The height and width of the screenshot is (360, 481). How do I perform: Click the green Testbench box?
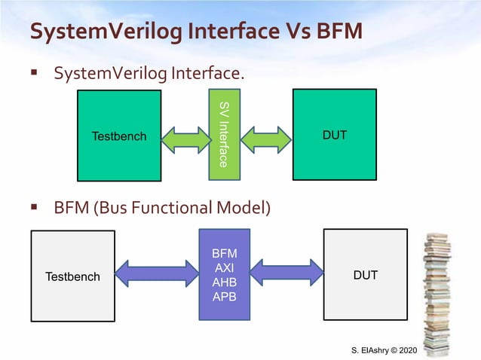(x=119, y=136)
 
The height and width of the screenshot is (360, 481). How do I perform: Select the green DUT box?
(x=334, y=135)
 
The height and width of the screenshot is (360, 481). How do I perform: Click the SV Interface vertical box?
(x=224, y=134)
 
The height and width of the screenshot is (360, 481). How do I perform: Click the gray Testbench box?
(x=72, y=276)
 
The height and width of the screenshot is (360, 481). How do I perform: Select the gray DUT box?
(x=365, y=275)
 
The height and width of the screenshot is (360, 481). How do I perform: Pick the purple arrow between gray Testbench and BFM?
(x=156, y=273)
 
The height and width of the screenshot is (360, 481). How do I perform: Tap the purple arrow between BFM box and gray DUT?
(x=286, y=272)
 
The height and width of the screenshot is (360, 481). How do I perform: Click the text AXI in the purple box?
(x=225, y=269)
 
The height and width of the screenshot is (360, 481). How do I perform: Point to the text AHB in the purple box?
(x=225, y=282)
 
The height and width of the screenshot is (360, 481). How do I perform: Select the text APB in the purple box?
(x=225, y=296)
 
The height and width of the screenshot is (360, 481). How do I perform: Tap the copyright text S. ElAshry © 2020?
(x=384, y=351)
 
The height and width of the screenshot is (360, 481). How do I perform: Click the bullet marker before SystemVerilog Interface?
(x=34, y=74)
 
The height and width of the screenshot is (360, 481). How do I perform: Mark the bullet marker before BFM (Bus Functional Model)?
(x=34, y=206)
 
